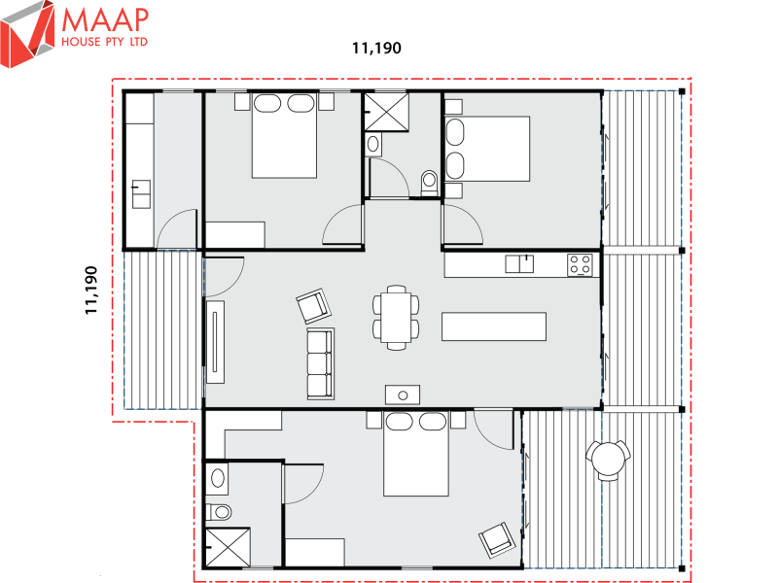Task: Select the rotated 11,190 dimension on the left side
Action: pyautogui.click(x=92, y=290)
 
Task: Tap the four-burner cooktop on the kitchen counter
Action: pyautogui.click(x=581, y=263)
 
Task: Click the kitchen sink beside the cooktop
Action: pyautogui.click(x=519, y=263)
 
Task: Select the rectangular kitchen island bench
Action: pyautogui.click(x=493, y=326)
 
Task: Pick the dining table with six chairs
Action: pyautogui.click(x=396, y=317)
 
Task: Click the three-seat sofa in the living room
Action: pyautogui.click(x=320, y=363)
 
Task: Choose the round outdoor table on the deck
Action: pyautogui.click(x=609, y=460)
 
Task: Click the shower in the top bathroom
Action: pyautogui.click(x=388, y=113)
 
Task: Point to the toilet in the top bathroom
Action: pyautogui.click(x=429, y=182)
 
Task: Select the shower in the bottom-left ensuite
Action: pyautogui.click(x=227, y=547)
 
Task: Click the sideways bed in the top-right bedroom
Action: pyautogui.click(x=486, y=148)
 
